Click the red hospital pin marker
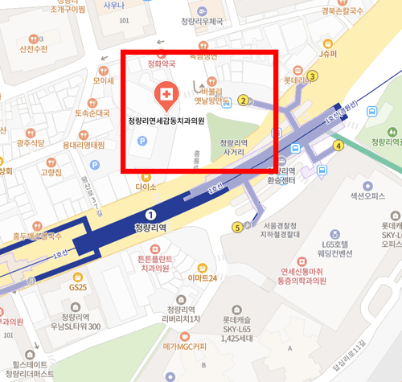click(x=166, y=96)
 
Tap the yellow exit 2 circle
click(x=242, y=101)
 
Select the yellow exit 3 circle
click(x=314, y=76)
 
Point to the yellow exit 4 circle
click(x=338, y=146)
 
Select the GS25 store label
click(x=77, y=286)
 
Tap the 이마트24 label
click(x=202, y=277)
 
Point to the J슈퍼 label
click(x=327, y=54)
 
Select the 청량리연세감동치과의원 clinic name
click(x=166, y=121)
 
